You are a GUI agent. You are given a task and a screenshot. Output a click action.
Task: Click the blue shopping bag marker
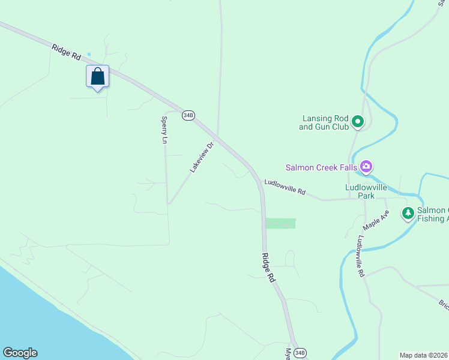pos(97,77)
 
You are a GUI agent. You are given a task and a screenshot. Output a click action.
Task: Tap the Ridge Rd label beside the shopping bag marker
pos(66,51)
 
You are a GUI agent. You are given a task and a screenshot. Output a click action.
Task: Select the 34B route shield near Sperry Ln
pos(188,116)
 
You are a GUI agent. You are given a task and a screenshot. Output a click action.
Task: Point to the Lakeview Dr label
pos(202,157)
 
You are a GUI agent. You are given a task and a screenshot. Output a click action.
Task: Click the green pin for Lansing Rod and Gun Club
pos(358,122)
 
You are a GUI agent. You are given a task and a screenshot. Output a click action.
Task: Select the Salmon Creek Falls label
pos(321,167)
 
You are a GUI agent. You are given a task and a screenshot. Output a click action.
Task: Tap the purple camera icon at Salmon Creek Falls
pos(366,167)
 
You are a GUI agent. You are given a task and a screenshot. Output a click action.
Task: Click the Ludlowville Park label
pos(368,191)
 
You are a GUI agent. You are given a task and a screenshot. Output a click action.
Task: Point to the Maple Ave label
pos(376,220)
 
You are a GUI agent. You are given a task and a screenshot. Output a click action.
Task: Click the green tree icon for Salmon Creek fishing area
pos(408,213)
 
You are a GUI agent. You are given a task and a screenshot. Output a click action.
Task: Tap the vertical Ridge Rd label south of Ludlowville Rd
pos(268,268)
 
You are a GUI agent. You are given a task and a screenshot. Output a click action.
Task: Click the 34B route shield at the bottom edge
pos(300,353)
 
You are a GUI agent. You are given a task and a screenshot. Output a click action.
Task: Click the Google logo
pos(20,353)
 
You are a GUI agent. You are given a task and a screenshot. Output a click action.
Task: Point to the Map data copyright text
pos(424,355)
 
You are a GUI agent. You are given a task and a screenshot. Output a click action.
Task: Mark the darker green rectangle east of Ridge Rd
pos(281,223)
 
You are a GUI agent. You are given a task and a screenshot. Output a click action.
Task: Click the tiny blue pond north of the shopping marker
pos(89,54)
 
